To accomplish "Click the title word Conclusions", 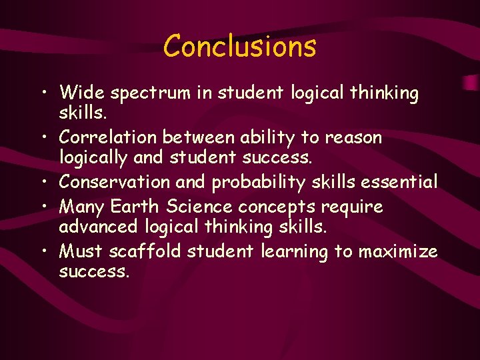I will point(240,47).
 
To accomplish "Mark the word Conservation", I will point(114,181).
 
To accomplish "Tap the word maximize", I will point(399,251).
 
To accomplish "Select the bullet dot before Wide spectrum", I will point(44,92).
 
